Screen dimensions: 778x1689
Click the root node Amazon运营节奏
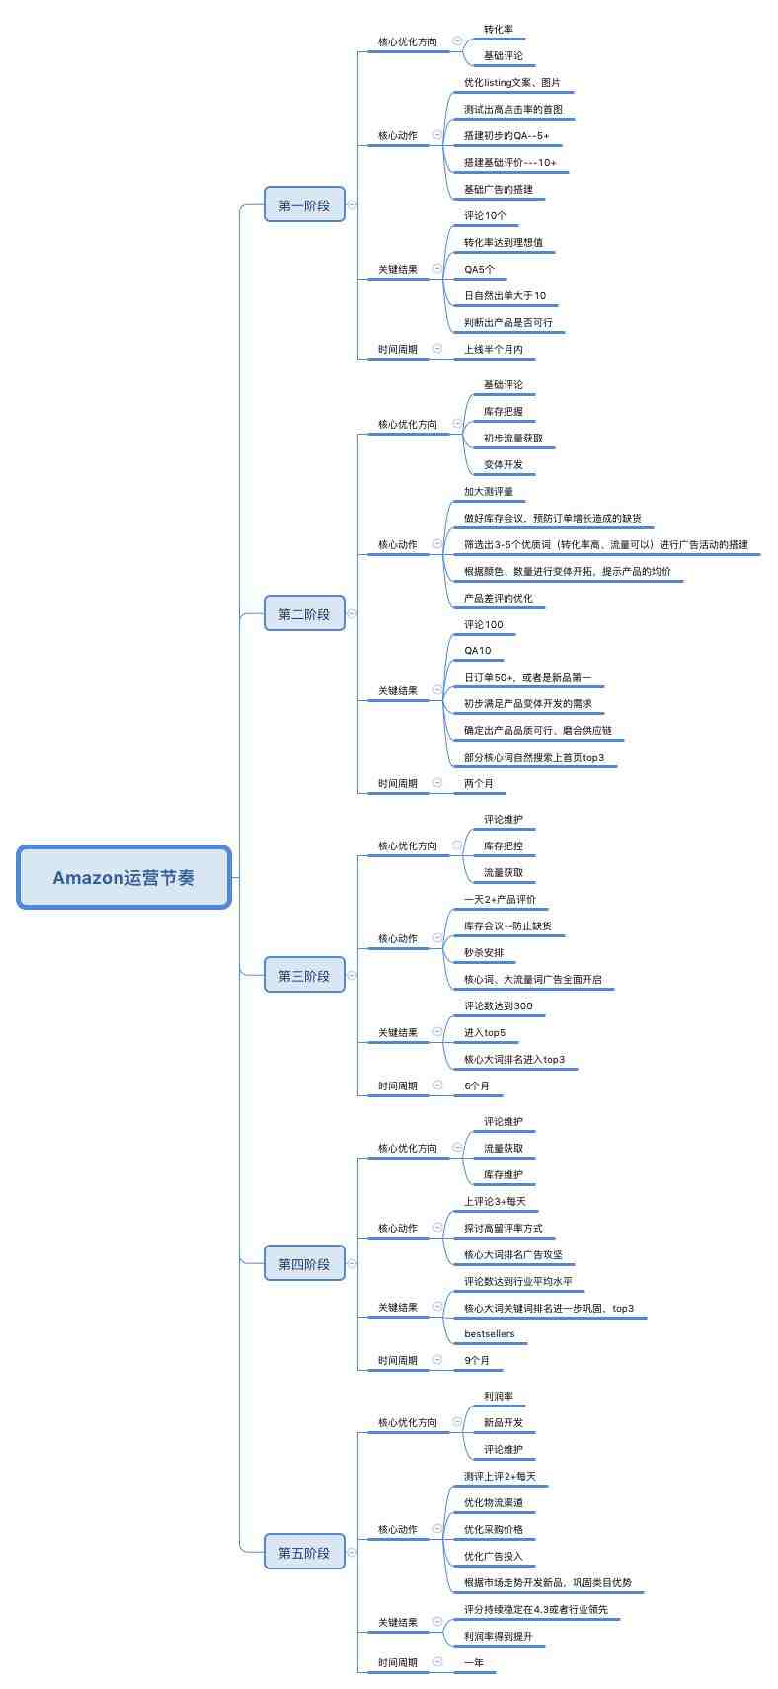pyautogui.click(x=123, y=877)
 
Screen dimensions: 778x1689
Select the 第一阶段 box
pyautogui.click(x=304, y=204)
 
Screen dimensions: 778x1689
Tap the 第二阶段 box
pyautogui.click(x=304, y=613)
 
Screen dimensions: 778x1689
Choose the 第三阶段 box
pyautogui.click(x=304, y=975)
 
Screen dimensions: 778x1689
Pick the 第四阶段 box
pyautogui.click(x=304, y=1263)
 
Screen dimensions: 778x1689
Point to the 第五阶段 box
pyautogui.click(x=304, y=1552)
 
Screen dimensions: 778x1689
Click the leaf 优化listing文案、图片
pyautogui.click(x=511, y=82)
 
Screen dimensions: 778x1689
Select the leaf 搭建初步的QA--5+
pyautogui.click(x=506, y=135)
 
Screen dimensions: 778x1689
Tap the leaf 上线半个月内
pyautogui.click(x=493, y=349)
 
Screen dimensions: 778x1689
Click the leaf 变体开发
pyautogui.click(x=503, y=464)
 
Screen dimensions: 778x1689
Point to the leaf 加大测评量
pyautogui.click(x=489, y=491)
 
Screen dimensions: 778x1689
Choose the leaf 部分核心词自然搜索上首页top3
pyautogui.click(x=534, y=757)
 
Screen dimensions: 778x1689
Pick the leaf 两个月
pyautogui.click(x=478, y=783)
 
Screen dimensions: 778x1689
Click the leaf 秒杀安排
pyautogui.click(x=483, y=952)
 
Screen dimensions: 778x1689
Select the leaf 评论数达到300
pyautogui.click(x=498, y=1005)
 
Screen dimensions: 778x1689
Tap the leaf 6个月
pyautogui.click(x=477, y=1086)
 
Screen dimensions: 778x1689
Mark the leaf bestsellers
pyautogui.click(x=490, y=1333)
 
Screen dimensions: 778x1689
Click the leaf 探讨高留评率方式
pyautogui.click(x=503, y=1228)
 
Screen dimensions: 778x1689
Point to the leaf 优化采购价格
pyautogui.click(x=493, y=1529)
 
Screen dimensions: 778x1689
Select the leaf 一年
pyautogui.click(x=474, y=1662)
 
